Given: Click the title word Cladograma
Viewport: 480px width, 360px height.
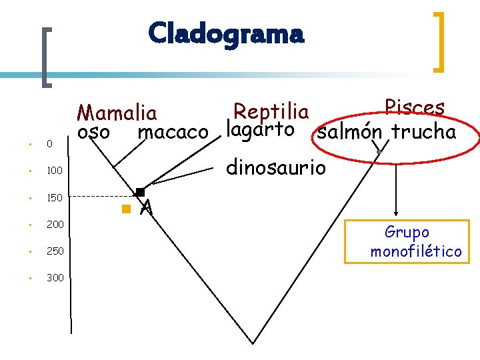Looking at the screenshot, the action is point(226,33).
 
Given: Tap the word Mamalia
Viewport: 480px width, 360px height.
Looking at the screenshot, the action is point(117,113).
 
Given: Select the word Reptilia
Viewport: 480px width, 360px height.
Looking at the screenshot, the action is point(271,111).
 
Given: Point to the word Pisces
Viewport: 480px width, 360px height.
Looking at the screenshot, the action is point(414,108).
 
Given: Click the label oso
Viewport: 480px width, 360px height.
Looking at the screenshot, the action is point(93,132).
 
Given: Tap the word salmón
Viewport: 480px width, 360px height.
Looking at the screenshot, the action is point(349,132).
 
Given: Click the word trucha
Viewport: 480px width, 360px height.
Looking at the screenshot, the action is point(423,131).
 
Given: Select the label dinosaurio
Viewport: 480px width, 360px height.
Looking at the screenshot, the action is point(276,167).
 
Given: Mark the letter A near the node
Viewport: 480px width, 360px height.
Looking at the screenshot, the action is point(147,209).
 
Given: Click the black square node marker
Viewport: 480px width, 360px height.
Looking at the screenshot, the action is point(139,193).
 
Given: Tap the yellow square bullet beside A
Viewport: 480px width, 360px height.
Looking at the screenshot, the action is point(125,209).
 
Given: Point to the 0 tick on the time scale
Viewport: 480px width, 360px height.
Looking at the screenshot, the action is point(49,144).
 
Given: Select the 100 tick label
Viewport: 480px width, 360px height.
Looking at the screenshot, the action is point(54,171).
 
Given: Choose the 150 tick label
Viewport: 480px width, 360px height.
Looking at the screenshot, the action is point(54,198).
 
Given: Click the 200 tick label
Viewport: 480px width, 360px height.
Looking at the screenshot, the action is point(55,225).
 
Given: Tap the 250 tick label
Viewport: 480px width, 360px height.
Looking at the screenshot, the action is point(55,251).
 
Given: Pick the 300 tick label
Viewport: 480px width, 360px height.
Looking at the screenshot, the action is point(55,277).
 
